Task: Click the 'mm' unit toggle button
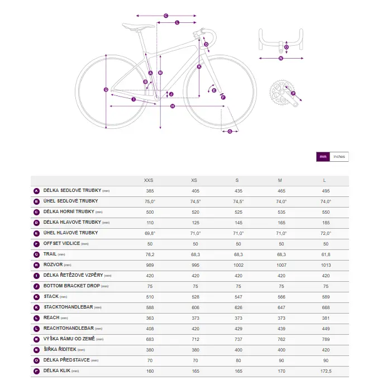click(323, 157)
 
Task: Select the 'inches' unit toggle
click(339, 157)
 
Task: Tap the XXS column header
click(149, 180)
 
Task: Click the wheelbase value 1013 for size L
click(326, 265)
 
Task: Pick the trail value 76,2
click(150, 254)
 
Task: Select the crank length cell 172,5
click(326, 371)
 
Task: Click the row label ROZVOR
click(53, 264)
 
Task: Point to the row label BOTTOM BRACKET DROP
click(71, 286)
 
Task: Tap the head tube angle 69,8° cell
click(150, 233)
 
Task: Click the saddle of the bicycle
click(138, 26)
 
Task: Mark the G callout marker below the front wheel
click(230, 131)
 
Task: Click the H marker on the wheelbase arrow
click(173, 106)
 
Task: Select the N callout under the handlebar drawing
click(281, 58)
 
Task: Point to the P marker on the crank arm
click(293, 93)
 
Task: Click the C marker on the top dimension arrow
click(166, 16)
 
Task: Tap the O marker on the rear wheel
click(106, 89)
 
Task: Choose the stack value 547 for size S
click(238, 297)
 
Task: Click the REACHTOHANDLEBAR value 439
click(281, 329)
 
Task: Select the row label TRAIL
click(50, 254)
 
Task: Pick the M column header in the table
click(280, 180)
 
